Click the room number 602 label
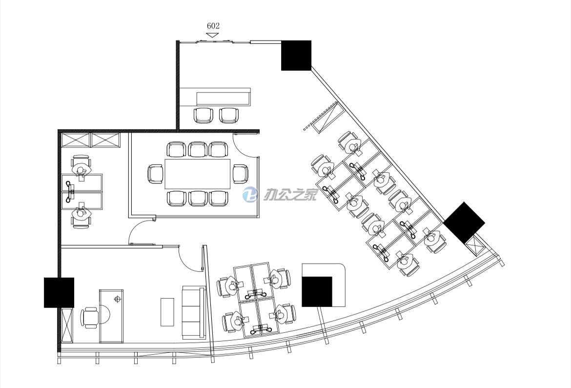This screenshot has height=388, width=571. pyautogui.click(x=213, y=26)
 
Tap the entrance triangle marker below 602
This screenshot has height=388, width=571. pyautogui.click(x=212, y=35)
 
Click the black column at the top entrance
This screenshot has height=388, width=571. pyautogui.click(x=296, y=55)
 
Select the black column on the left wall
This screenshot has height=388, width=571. pyautogui.click(x=59, y=292)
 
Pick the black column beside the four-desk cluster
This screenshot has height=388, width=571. pyautogui.click(x=317, y=291)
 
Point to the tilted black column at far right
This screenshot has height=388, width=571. pyautogui.click(x=464, y=223)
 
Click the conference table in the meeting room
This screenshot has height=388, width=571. pyautogui.click(x=197, y=174)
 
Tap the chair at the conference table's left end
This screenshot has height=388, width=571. pyautogui.click(x=156, y=174)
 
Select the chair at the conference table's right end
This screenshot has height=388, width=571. pyautogui.click(x=240, y=174)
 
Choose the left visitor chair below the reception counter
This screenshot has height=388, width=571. pyautogui.click(x=203, y=115)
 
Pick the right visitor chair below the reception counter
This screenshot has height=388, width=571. pyautogui.click(x=229, y=115)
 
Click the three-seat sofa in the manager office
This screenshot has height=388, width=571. pyautogui.click(x=193, y=312)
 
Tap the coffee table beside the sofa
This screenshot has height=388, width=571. pyautogui.click(x=167, y=312)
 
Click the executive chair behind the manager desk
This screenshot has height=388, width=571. pyautogui.click(x=90, y=317)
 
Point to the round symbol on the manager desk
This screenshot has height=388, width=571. pyautogui.click(x=117, y=299)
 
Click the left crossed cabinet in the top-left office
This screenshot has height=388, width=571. pyautogui.click(x=75, y=140)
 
